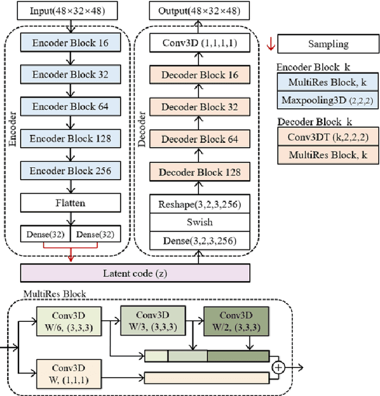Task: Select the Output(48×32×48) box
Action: pyautogui.click(x=195, y=11)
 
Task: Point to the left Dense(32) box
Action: pyautogui.click(x=45, y=234)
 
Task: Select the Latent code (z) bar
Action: pyautogui.click(x=135, y=273)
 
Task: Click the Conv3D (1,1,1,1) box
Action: pyautogui.click(x=195, y=43)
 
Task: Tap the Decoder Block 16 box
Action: pyautogui.click(x=195, y=75)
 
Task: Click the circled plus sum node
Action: pyautogui.click(x=277, y=367)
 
